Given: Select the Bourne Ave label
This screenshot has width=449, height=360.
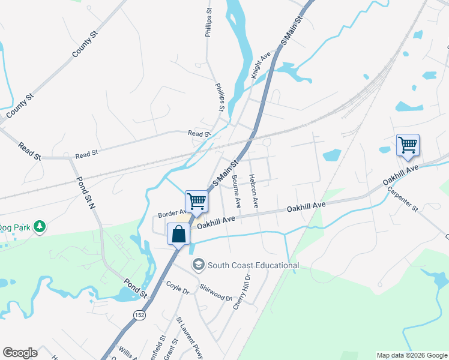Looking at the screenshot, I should coord(236,191).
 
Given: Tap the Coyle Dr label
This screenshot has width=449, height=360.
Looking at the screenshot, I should coord(178,288).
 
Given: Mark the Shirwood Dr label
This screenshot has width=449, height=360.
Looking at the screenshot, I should coord(215,293).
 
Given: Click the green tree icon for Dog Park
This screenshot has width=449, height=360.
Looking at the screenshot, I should coord(40,226).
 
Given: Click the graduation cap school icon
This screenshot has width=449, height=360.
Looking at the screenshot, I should coord(198,264).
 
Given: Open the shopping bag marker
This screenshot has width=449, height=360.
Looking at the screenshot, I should coord(179,234).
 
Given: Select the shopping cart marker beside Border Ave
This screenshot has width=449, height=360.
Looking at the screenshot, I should coord(196,201).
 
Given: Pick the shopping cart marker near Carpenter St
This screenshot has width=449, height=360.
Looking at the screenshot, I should coord(408,145).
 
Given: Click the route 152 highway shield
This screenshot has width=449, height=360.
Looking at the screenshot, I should coord(139,316).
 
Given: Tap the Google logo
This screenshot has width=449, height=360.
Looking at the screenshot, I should coord(20,353).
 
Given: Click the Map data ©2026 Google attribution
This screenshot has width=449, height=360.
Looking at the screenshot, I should coord(411,355).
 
